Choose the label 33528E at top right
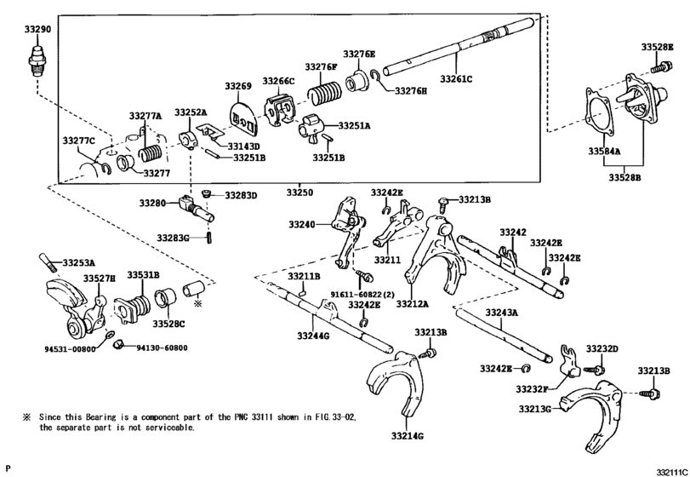coord(657,46)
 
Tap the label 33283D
coord(241,196)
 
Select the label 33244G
coord(313,337)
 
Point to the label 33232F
coord(532,388)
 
